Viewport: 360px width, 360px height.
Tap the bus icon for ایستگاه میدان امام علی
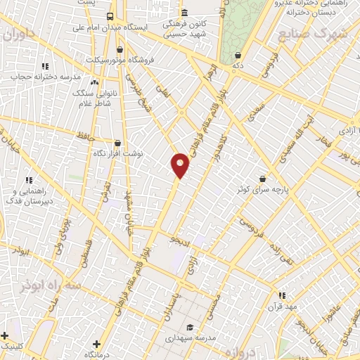[110, 16]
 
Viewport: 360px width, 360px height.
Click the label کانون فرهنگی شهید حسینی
[184, 27]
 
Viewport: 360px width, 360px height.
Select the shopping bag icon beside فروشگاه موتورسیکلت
[120, 51]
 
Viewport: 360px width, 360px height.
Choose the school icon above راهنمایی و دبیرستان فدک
[28, 181]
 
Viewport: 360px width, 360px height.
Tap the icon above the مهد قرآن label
[282, 296]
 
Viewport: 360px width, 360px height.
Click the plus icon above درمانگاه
[96, 344]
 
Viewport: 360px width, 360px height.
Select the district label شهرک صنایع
[312, 34]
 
